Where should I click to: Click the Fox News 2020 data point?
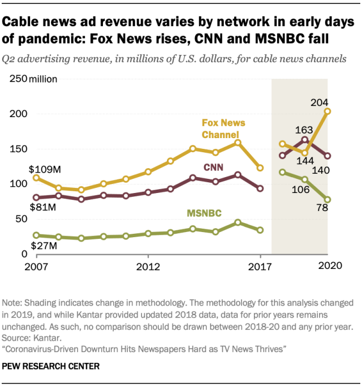pyautogui.click(x=327, y=111)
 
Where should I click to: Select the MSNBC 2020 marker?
pyautogui.click(x=327, y=200)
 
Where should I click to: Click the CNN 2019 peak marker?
pyautogui.click(x=305, y=140)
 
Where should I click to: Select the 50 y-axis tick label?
pyautogui.click(x=22, y=219)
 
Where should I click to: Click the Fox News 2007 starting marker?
pyautogui.click(x=37, y=178)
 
